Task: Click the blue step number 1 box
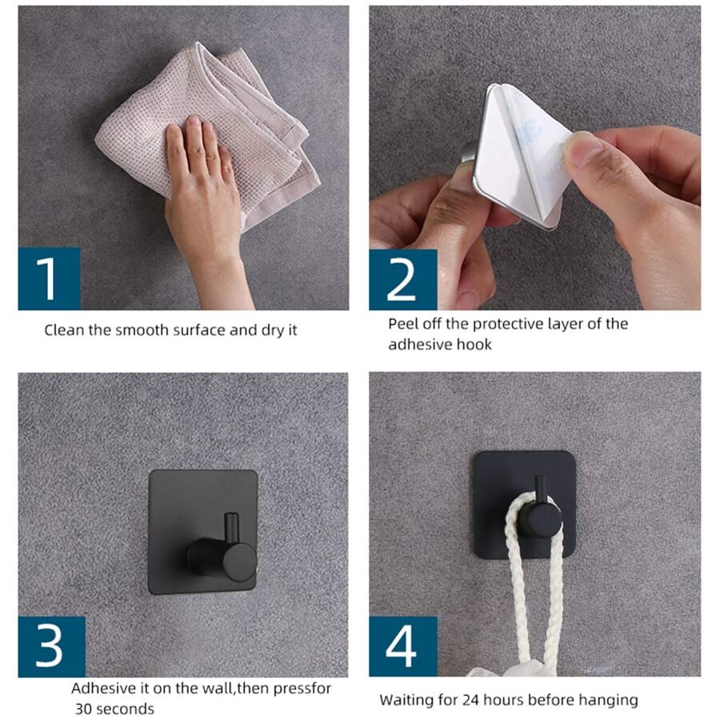click(50, 278)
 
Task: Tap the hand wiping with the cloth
click(200, 192)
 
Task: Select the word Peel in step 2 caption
click(404, 324)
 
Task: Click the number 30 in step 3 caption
click(85, 709)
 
